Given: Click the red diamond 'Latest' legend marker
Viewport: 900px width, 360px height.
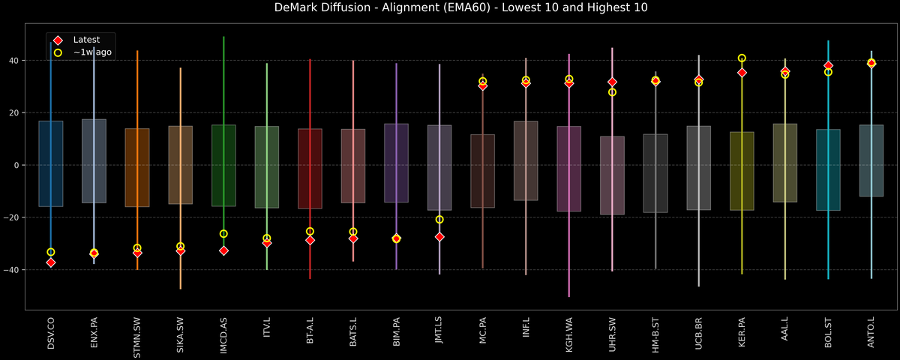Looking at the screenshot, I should click(x=58, y=40).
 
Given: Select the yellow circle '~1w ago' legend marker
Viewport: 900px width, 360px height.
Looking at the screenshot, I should click(x=58, y=52).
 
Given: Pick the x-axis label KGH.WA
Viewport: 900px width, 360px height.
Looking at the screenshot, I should click(x=568, y=334).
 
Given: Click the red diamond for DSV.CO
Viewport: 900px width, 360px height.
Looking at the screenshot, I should click(x=51, y=262).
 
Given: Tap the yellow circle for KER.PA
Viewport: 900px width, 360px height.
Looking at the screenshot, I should click(x=742, y=58).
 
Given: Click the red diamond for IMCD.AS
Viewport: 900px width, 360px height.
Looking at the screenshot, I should click(x=223, y=250).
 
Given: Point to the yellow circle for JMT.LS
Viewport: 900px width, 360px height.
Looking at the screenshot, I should click(x=439, y=220).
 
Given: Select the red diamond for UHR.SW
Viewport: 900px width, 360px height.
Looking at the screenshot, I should click(x=612, y=82).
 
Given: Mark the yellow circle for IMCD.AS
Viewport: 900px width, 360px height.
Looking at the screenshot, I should click(x=223, y=234).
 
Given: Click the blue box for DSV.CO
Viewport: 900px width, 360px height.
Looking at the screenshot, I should click(x=51, y=163).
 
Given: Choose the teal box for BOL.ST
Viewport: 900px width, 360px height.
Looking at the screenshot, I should click(x=828, y=169).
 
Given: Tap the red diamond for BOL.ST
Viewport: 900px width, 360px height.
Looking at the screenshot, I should click(x=828, y=66).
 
